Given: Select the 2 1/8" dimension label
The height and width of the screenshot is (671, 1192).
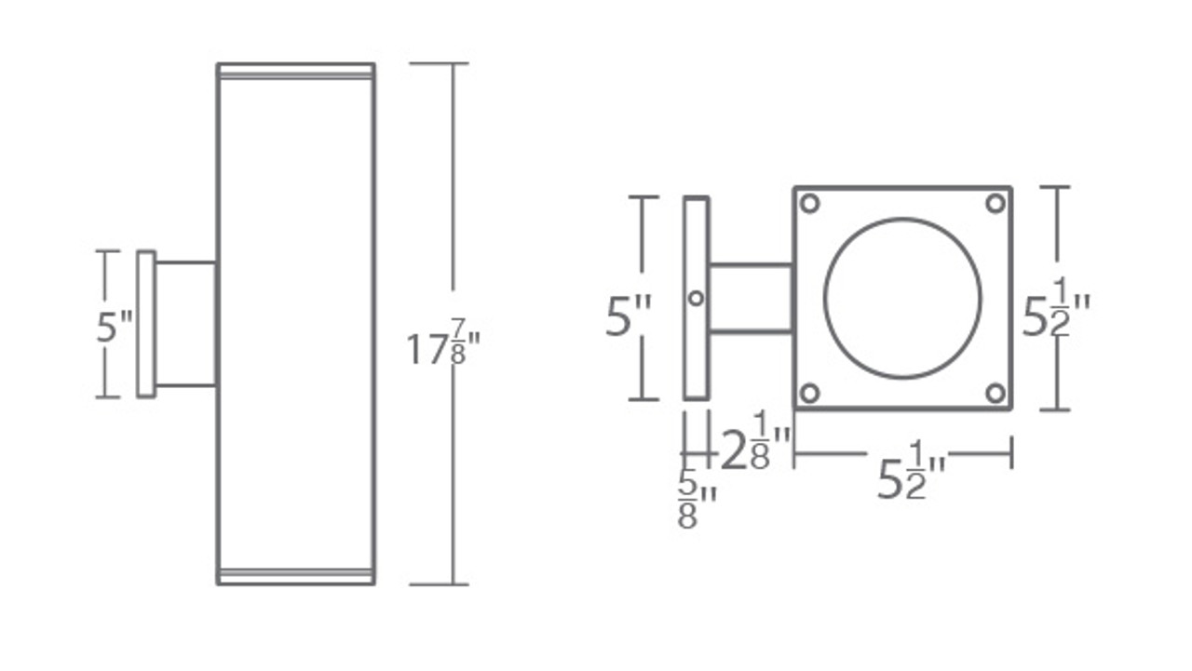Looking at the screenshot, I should pos(756,441).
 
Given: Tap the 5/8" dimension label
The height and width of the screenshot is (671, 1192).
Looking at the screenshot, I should pos(697,500).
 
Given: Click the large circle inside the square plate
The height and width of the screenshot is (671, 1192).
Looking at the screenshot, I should pos(902,299).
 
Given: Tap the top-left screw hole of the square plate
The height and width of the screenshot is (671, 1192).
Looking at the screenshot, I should pos(810,203).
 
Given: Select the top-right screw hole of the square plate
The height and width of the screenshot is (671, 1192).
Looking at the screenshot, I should pos(995,203).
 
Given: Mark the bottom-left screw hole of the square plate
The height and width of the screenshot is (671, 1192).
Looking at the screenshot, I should pos(810,393).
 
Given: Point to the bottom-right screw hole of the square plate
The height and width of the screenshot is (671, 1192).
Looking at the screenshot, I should pos(995,393).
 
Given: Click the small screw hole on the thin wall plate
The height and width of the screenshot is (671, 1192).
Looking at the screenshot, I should pos(696,298).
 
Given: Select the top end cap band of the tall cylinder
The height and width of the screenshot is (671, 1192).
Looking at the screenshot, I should pos(296,71).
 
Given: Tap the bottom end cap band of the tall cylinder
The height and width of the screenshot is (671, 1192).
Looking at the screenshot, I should pos(296,576).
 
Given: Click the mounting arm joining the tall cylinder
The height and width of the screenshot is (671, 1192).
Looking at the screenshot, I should pos(185,324).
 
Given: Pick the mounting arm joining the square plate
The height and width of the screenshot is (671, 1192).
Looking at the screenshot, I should pos(751,298).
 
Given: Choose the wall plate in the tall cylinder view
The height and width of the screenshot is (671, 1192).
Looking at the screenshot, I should pos(146,324).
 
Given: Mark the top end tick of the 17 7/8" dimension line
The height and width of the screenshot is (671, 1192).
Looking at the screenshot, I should pos(439,63).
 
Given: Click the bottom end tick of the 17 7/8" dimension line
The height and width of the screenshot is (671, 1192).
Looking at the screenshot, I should pos(439,584).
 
